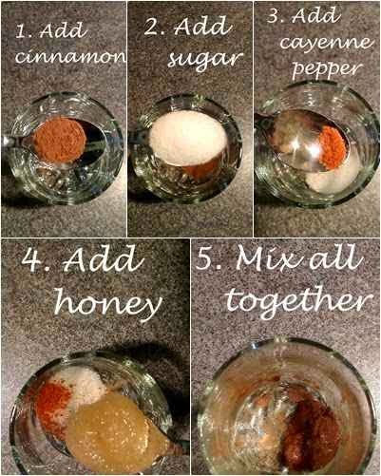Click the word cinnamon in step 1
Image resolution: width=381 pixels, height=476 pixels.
tap(70, 56)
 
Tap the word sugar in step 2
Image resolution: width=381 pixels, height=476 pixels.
tap(205, 60)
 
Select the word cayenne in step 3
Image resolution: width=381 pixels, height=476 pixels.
tap(326, 44)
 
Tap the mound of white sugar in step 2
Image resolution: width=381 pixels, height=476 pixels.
tap(187, 138)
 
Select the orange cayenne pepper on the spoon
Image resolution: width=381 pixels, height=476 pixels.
tap(333, 147)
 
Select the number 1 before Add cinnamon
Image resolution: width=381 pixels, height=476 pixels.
tap(22, 31)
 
